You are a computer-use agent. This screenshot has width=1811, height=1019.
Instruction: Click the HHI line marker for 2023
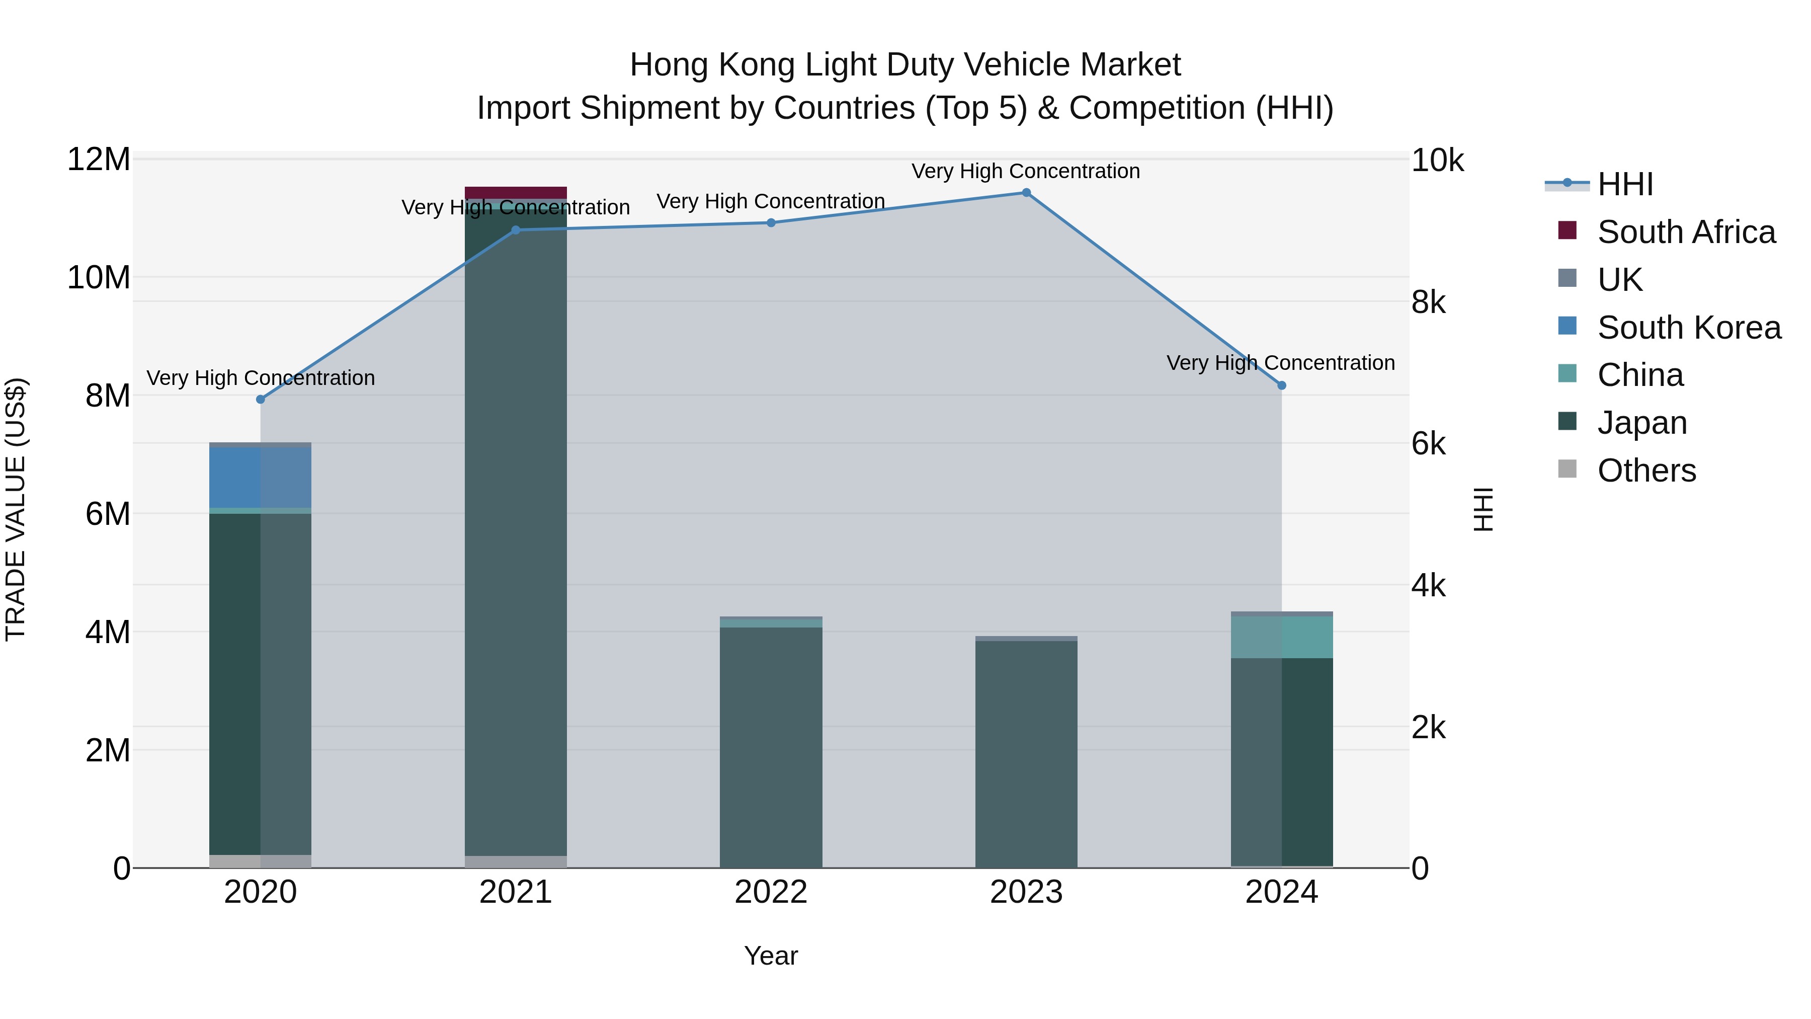(x=1026, y=193)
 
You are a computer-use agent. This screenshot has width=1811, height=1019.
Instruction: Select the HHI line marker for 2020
(x=260, y=400)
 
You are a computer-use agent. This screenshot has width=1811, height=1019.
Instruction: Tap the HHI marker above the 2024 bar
(x=1282, y=385)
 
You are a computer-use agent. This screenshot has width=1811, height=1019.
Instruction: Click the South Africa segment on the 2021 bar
(x=515, y=193)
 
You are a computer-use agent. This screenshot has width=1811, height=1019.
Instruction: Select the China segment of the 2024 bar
(x=1282, y=637)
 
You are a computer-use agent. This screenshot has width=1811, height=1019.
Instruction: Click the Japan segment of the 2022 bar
(x=771, y=745)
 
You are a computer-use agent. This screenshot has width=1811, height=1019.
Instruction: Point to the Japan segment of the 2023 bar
(x=1026, y=752)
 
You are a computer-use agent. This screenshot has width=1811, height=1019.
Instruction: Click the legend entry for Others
(x=1646, y=471)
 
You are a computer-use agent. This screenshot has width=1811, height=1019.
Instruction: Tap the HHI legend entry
(x=1625, y=184)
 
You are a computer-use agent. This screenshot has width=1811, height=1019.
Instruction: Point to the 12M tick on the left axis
(x=99, y=160)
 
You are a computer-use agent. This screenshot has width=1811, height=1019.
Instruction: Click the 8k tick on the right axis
(x=1428, y=302)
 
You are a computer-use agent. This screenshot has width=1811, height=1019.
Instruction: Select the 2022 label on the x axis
(x=771, y=892)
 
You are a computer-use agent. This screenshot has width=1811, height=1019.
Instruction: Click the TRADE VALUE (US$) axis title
(x=16, y=509)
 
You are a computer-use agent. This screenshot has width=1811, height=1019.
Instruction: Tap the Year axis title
(x=771, y=956)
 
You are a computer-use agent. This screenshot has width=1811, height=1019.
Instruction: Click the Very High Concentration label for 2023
(x=1025, y=171)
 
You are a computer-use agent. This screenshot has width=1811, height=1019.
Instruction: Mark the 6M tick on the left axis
(x=108, y=514)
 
